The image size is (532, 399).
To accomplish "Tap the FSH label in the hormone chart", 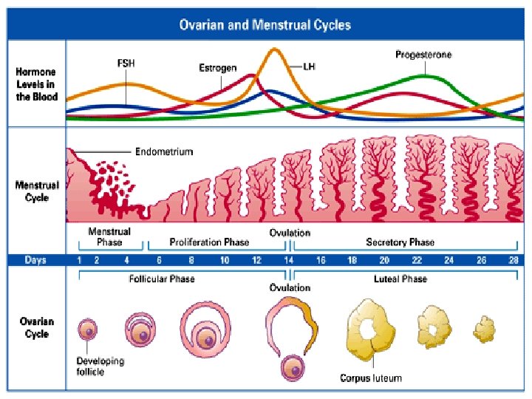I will click(x=126, y=64).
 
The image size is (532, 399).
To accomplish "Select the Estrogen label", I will click(x=217, y=68).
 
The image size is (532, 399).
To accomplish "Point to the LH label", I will click(x=310, y=66).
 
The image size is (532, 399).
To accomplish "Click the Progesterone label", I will click(x=423, y=55).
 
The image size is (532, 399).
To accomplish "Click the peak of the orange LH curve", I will click(x=275, y=50).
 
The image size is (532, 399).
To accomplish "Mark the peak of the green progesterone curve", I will click(x=423, y=76).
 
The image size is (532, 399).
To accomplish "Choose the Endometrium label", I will click(x=163, y=152).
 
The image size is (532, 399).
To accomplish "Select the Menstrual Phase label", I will click(x=109, y=236).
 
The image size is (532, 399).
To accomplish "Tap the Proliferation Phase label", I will click(x=209, y=242).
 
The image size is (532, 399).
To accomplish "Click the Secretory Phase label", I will click(x=400, y=242).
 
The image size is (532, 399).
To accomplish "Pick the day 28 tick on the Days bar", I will click(x=513, y=260).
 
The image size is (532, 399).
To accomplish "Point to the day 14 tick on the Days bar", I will click(x=289, y=260).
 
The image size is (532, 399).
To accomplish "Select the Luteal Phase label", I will click(x=400, y=279).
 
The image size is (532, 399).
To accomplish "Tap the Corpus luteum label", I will click(x=371, y=378).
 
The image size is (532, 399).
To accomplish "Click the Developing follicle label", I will click(x=100, y=366).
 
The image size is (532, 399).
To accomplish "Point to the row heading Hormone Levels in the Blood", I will click(x=37, y=85).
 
